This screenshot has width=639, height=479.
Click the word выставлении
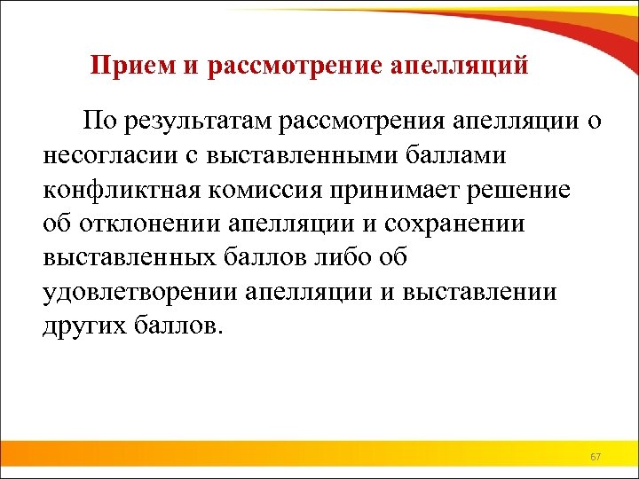point(479,293)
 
